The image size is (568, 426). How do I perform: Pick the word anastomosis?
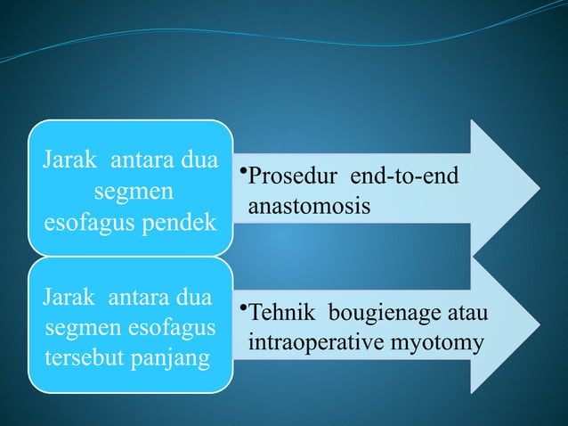point(308,205)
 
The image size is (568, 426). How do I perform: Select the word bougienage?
point(383,314)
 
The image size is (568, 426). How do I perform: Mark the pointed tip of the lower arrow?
point(539,326)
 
